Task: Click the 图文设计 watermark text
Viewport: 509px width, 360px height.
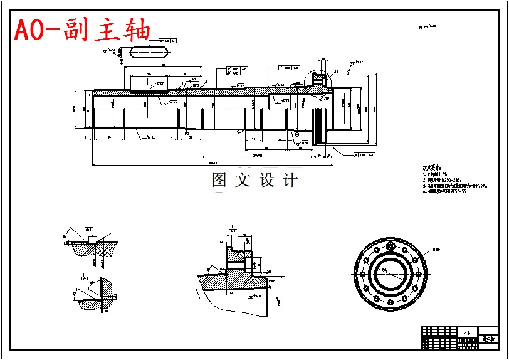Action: tap(255, 181)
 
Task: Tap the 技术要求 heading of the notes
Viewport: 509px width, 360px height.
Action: tap(432, 168)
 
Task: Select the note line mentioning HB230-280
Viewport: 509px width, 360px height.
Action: tap(446, 179)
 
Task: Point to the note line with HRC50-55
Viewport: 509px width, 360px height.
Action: tap(446, 193)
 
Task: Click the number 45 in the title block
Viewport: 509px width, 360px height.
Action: tap(466, 332)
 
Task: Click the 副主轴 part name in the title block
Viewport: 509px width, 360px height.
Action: tap(488, 338)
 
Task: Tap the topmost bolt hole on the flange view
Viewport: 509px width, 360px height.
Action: tap(390, 240)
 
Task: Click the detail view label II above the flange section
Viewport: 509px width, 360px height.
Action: tap(233, 229)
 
